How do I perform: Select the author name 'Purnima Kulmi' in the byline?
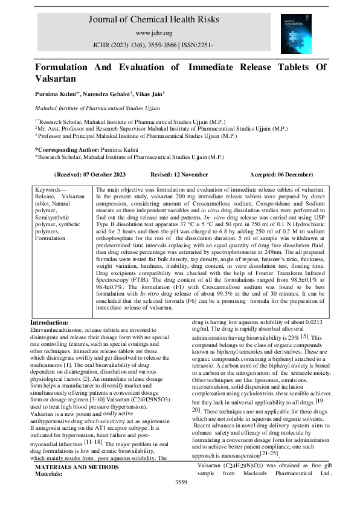click(x=53, y=94)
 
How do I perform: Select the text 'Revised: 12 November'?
click(x=179, y=174)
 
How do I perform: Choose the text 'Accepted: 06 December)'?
click(x=282, y=174)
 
